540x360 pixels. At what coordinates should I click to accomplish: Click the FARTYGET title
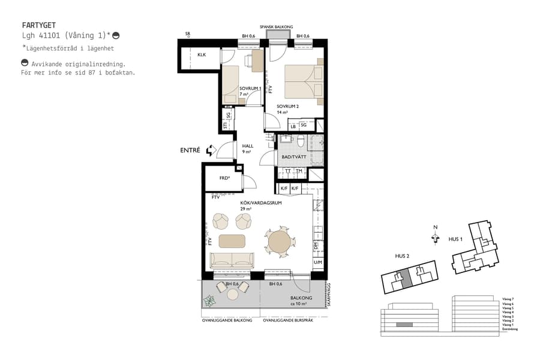pos(38,26)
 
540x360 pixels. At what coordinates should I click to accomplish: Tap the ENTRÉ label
pos(190,151)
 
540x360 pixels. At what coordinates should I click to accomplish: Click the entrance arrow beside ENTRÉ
pos(210,151)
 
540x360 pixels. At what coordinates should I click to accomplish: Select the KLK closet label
pos(202,55)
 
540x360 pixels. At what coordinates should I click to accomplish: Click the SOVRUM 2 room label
pos(288,106)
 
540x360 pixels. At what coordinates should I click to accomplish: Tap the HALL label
pos(248,146)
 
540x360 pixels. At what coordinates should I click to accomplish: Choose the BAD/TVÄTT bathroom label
pos(293,157)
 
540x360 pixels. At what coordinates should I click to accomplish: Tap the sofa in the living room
pos(232,260)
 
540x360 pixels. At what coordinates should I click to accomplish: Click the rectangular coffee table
pos(232,241)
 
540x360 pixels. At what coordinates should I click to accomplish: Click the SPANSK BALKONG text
pos(276,27)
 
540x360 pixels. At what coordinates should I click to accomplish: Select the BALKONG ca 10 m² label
pos(299,301)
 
